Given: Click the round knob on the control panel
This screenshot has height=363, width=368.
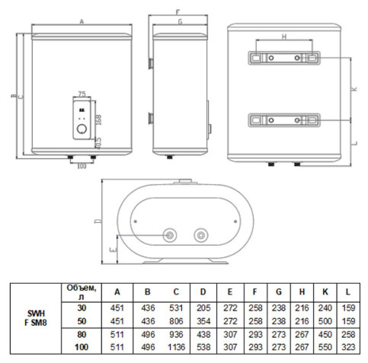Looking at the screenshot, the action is [x=82, y=129].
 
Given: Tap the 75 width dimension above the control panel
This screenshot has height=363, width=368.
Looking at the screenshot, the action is [x=82, y=94].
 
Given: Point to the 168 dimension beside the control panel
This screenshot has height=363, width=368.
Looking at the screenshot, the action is [x=98, y=119].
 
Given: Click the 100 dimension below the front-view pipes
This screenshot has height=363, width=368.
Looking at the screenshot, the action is [x=82, y=166].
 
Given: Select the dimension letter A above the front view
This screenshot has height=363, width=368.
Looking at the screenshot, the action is [x=82, y=22].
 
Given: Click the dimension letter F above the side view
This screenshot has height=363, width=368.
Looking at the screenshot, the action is [x=178, y=12].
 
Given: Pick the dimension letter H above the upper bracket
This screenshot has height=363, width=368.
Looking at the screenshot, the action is [x=284, y=37].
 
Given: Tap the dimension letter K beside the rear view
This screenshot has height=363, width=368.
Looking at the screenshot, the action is [x=354, y=89].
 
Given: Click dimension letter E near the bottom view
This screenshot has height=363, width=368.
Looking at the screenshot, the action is [x=114, y=250].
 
